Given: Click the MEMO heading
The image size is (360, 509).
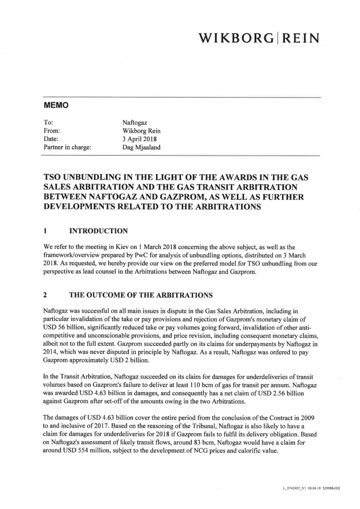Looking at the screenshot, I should click(x=56, y=105).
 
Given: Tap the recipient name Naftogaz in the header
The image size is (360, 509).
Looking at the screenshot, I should click(x=135, y=122).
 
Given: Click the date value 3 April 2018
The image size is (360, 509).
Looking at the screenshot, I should click(x=139, y=139).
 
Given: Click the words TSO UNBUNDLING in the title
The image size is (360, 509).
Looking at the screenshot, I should click(x=88, y=177).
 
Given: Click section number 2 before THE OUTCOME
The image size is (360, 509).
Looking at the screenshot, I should click(x=46, y=294).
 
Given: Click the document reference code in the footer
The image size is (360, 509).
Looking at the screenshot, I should click(x=311, y=488).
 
